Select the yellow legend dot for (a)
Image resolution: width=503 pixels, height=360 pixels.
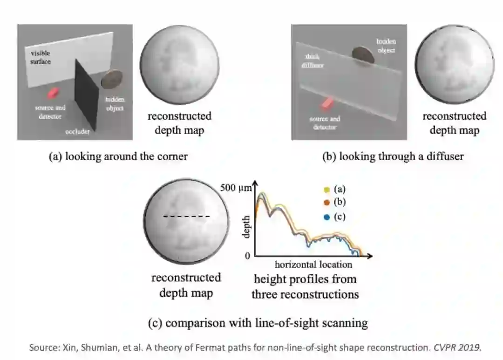tap(326, 190)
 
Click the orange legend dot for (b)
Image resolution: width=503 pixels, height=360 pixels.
tap(326, 203)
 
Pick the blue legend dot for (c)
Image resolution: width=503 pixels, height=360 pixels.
tap(326, 217)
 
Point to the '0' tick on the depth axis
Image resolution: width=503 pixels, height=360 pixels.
tap(247, 256)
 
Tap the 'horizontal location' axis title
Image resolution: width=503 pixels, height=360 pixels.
tap(313, 265)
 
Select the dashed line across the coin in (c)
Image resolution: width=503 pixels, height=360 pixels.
tap(186, 217)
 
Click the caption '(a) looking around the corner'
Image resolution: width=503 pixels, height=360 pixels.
tap(118, 156)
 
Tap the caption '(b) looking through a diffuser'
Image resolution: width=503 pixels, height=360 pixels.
tap(393, 156)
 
